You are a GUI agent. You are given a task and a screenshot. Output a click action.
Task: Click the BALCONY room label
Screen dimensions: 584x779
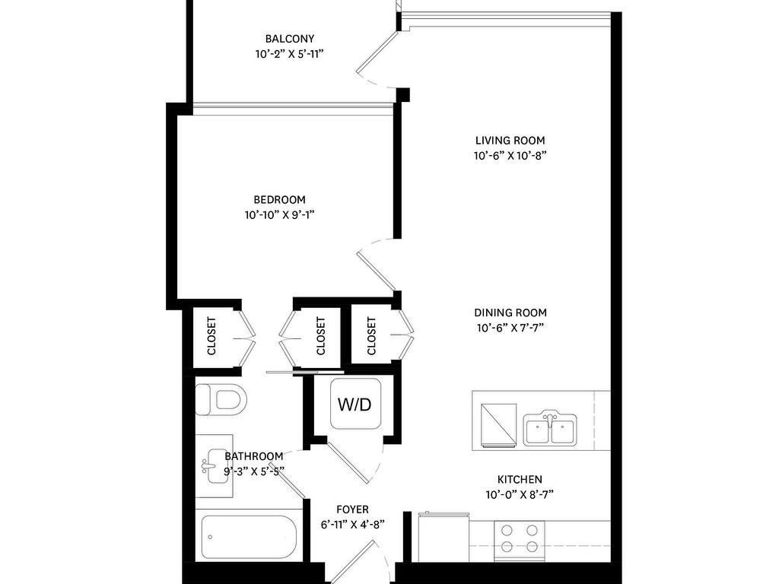(x=289, y=39)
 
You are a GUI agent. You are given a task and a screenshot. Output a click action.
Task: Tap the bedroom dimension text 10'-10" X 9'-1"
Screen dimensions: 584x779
(x=279, y=215)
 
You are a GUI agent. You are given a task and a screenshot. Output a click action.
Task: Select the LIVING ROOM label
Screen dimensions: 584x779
(x=510, y=141)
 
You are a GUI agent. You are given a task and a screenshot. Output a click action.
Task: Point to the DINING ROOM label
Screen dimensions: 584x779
(x=510, y=313)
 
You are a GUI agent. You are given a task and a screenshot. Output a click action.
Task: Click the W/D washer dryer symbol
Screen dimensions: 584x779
(x=355, y=404)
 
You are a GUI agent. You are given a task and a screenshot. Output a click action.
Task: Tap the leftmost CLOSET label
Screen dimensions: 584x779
(x=211, y=336)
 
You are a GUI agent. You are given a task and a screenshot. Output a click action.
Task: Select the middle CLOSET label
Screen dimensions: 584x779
(x=320, y=336)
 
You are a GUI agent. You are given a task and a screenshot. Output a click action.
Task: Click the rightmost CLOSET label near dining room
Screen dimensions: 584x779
(x=371, y=336)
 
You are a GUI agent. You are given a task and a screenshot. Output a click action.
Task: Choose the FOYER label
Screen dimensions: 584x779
(x=352, y=509)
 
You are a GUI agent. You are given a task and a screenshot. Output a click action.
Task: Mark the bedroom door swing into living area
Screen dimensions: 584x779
(x=374, y=262)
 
